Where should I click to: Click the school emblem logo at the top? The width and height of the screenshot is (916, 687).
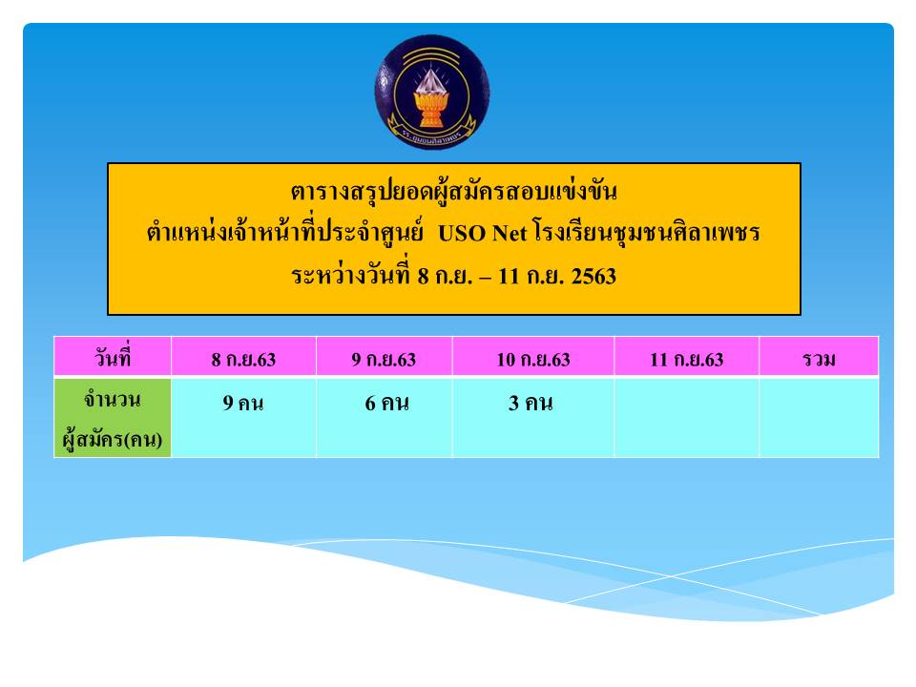tap(432, 92)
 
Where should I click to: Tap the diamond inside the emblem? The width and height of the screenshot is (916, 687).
tap(431, 81)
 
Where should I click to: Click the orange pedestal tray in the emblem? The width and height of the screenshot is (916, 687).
tap(431, 109)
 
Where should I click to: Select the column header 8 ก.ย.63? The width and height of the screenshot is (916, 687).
tap(243, 356)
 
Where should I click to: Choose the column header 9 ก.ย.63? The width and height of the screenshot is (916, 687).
tap(384, 356)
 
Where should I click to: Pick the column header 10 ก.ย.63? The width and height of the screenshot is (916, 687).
tap(532, 356)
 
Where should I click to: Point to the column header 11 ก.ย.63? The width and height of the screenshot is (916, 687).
tap(686, 356)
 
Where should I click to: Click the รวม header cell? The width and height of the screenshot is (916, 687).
tap(819, 356)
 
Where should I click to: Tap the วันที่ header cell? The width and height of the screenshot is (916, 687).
tap(113, 356)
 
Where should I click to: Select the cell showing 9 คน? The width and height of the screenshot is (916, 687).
tap(243, 418)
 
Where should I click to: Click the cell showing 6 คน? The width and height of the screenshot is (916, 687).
tap(384, 418)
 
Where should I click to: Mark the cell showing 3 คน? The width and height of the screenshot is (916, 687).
tap(532, 418)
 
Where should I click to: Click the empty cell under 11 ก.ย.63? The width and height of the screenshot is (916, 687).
tap(686, 418)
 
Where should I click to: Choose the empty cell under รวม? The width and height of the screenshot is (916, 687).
tap(819, 418)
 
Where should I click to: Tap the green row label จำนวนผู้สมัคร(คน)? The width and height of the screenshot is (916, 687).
tap(113, 418)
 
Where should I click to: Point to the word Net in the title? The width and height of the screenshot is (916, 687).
tap(510, 234)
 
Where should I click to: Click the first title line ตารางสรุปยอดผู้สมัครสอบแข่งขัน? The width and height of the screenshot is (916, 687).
tap(454, 191)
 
